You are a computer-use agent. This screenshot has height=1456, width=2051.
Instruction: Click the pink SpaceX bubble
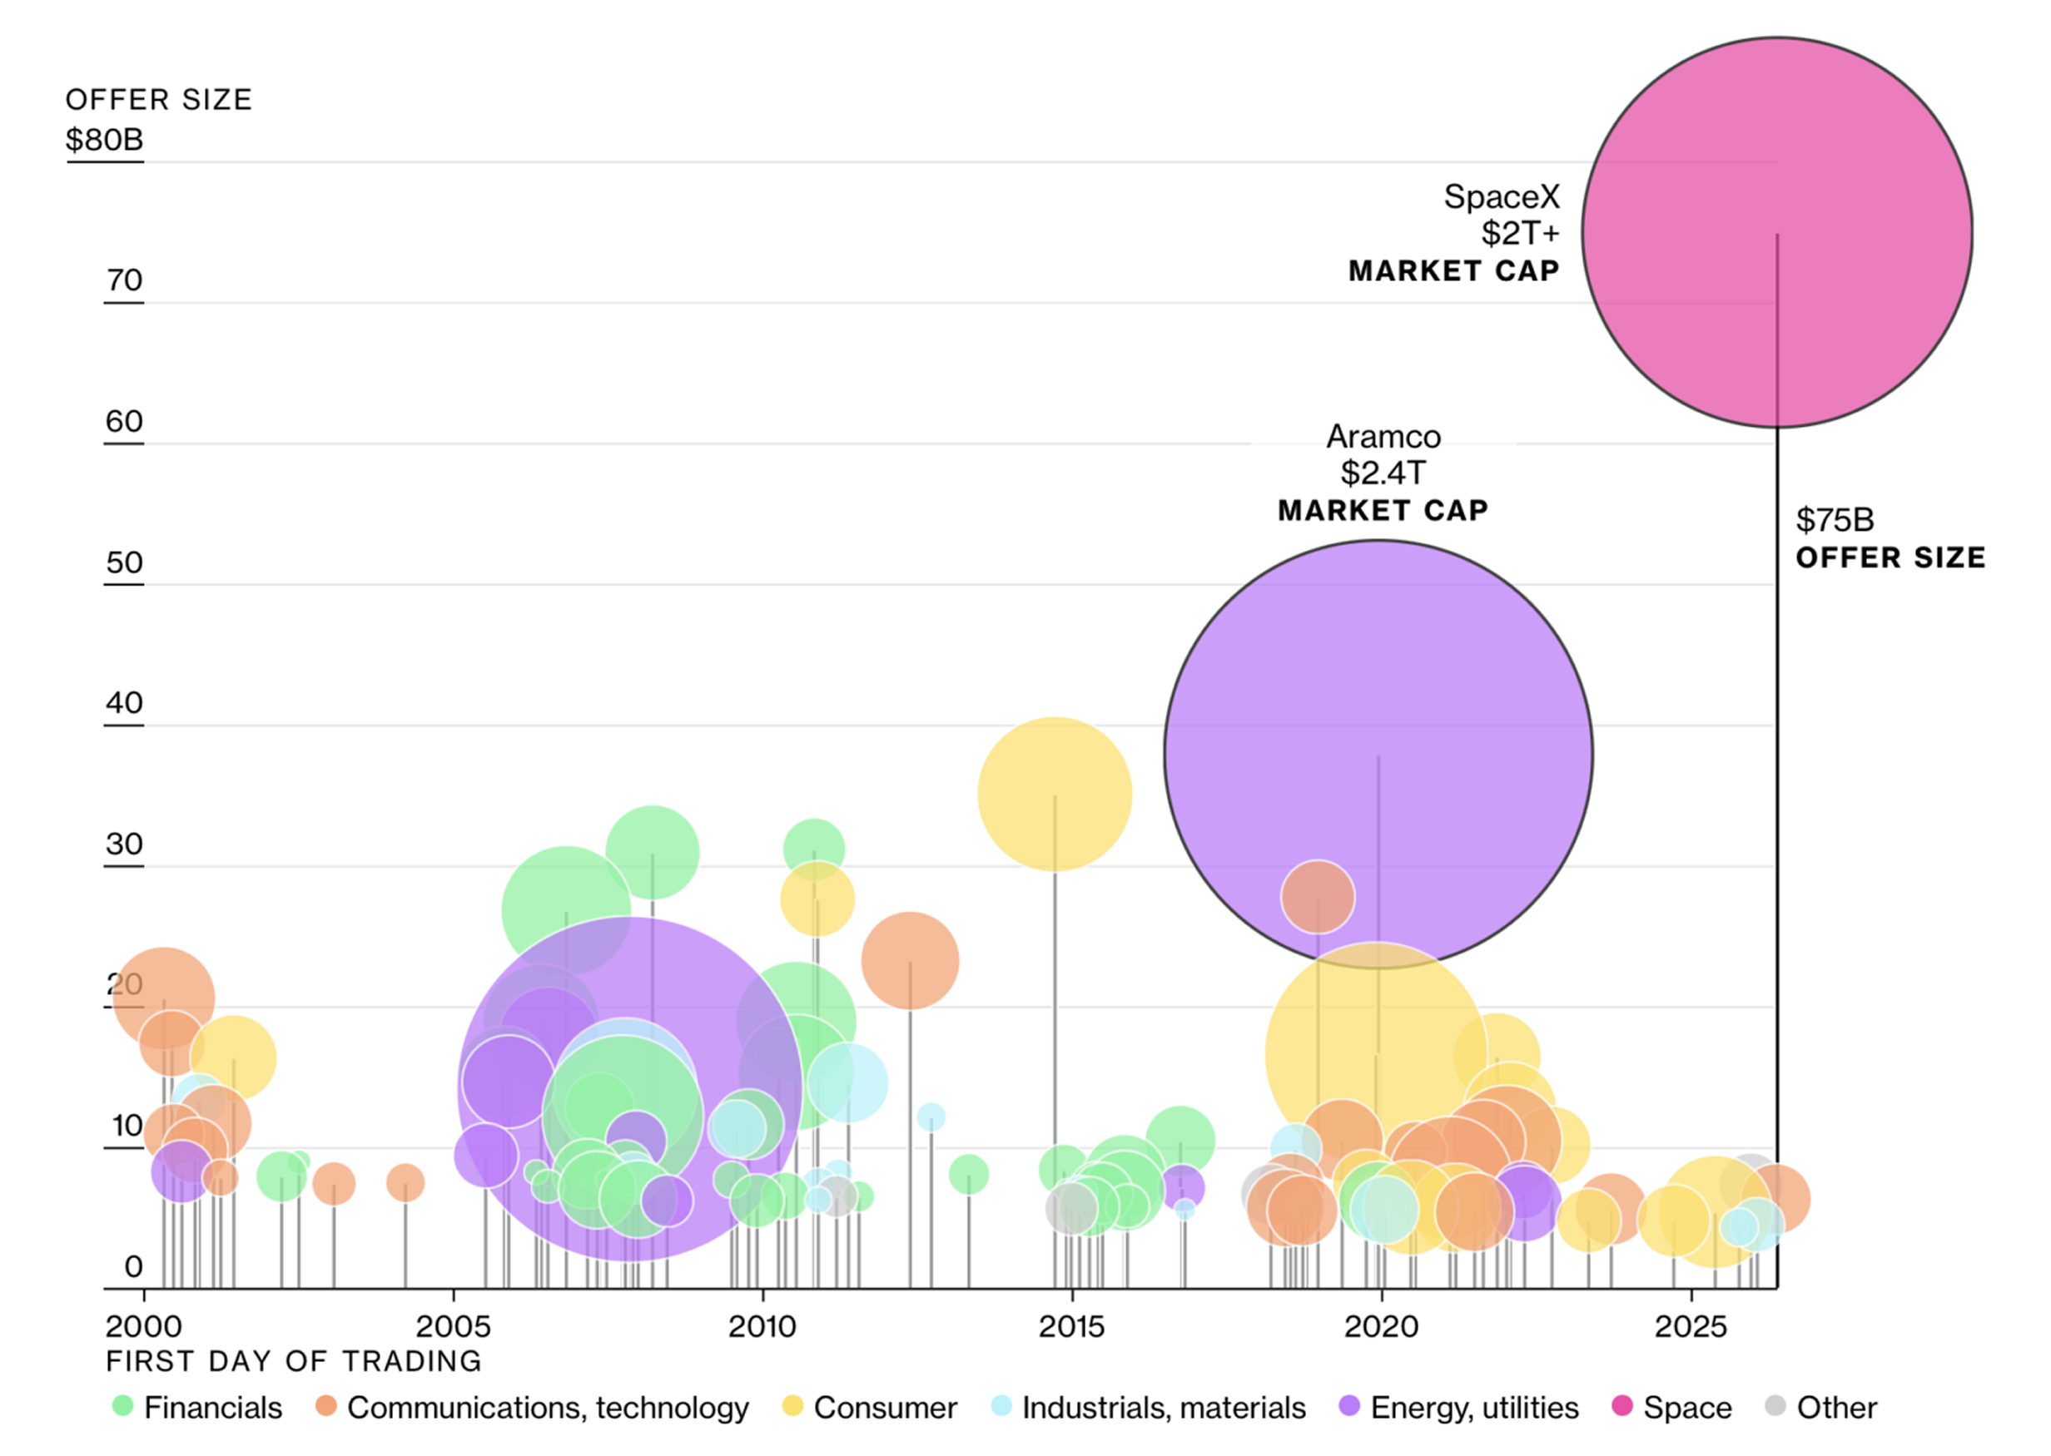pos(1775,231)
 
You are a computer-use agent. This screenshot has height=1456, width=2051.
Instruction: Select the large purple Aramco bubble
pos(1378,754)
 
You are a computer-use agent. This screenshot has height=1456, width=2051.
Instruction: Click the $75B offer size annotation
pos(1890,538)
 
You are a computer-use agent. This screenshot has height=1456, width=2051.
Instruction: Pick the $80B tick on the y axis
pos(104,140)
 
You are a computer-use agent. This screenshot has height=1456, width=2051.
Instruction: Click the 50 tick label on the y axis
pos(124,562)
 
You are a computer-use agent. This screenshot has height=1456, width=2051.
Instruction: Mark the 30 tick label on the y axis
pos(124,844)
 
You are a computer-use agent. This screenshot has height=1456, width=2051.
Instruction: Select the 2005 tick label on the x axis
pos(453,1326)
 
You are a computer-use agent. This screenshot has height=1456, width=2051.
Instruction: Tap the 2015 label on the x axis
pos(1071,1326)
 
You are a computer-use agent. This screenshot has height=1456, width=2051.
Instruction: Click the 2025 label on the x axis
pos(1691,1326)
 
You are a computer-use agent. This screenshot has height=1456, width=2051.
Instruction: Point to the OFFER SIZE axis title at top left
pos(159,100)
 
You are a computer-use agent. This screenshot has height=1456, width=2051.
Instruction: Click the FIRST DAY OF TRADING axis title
pos(293,1361)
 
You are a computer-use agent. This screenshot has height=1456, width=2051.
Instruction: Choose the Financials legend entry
pos(196,1408)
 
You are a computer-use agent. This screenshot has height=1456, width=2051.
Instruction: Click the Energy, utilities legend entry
pos(1458,1408)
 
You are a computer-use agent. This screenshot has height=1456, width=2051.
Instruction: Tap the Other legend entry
pos(1820,1408)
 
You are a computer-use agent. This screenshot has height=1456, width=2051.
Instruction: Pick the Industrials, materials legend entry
pos(1148,1408)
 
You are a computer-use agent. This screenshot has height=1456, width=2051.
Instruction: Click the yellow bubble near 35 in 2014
pos(1054,795)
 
